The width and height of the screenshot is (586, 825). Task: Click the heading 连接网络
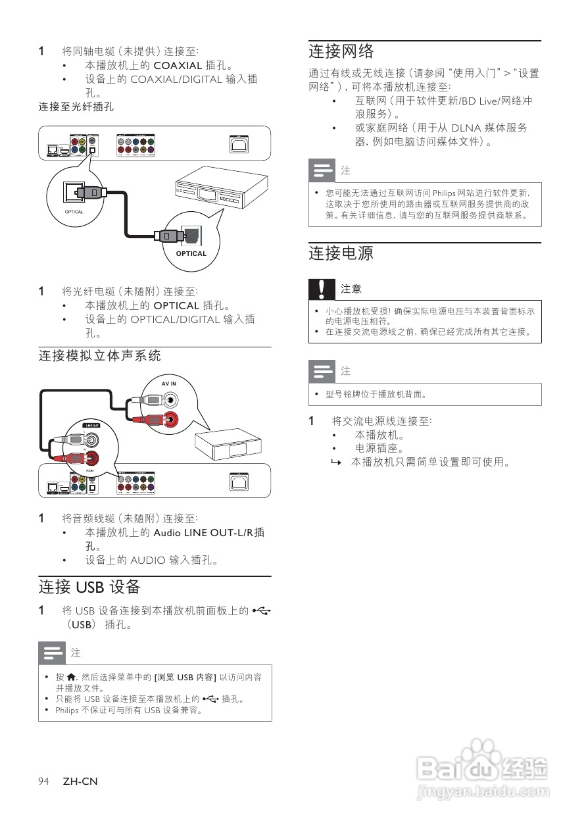[341, 51]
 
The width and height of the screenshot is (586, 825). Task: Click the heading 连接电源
[341, 253]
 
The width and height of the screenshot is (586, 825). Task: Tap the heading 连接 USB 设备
[89, 586]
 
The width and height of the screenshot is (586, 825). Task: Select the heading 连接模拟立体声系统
[99, 356]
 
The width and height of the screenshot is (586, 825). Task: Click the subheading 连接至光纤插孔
[76, 106]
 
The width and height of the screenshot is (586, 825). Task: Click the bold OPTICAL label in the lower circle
[191, 253]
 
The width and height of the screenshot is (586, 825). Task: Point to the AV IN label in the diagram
[169, 384]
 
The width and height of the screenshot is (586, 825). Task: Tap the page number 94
[44, 781]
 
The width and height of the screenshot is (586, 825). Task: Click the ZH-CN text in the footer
[80, 781]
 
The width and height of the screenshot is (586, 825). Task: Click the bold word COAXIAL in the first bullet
[178, 65]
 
